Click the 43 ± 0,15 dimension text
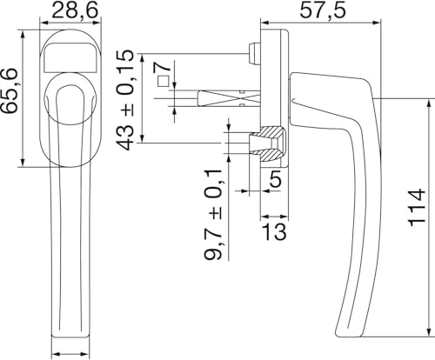[127, 100]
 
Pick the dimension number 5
[275, 181]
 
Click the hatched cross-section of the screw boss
[271, 143]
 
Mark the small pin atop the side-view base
[252, 49]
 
